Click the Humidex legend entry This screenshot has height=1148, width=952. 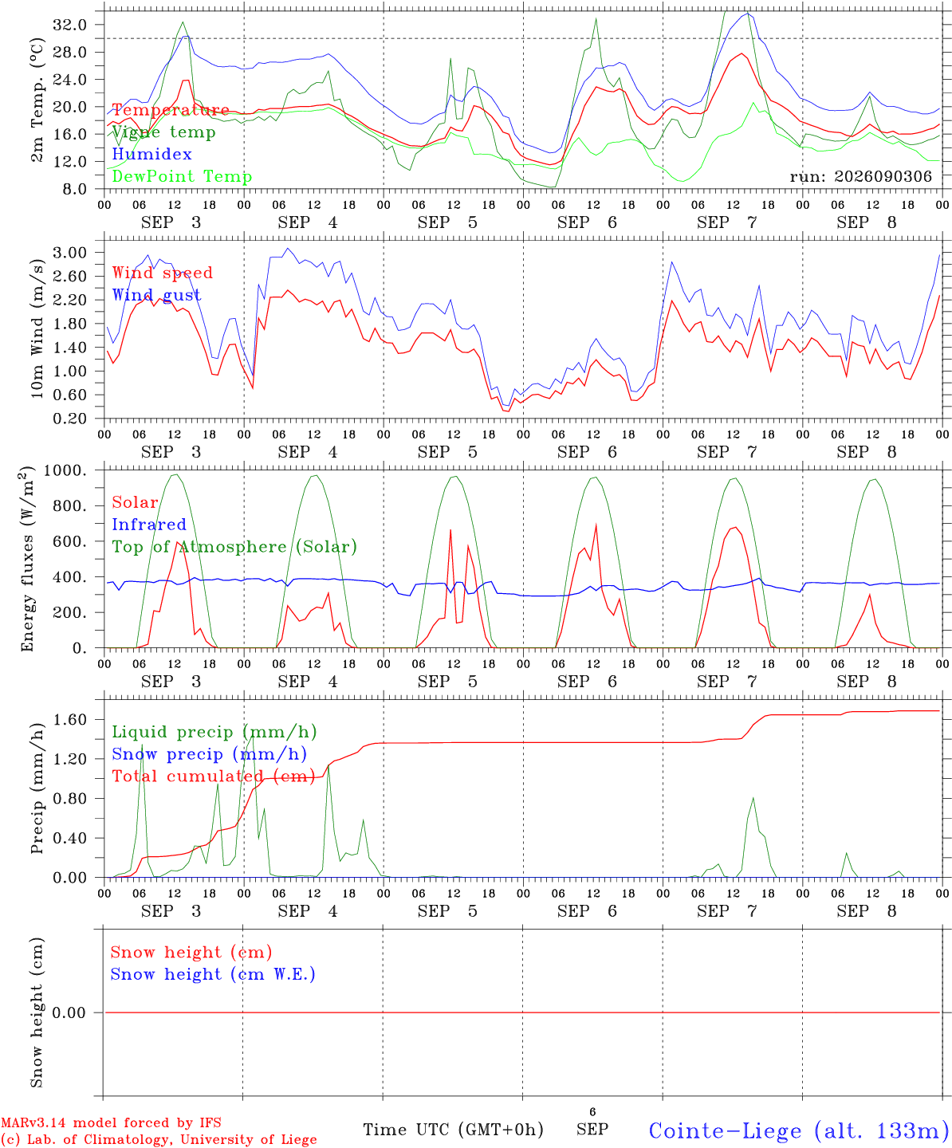click(151, 154)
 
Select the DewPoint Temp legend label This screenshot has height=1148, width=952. click(182, 176)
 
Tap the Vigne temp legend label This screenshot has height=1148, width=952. click(164, 132)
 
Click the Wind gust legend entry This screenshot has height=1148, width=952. click(157, 295)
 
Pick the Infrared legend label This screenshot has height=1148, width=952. click(149, 524)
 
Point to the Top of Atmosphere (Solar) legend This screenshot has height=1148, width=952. click(234, 547)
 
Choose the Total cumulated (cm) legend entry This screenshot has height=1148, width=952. click(214, 776)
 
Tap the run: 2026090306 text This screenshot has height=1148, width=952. click(860, 176)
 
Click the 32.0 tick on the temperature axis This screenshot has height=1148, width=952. click(70, 25)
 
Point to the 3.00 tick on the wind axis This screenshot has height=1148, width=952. click(70, 253)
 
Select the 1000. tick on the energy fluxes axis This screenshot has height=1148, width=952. click(65, 470)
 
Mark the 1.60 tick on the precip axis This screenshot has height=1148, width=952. click(70, 720)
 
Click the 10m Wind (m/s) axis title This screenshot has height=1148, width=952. click(37, 328)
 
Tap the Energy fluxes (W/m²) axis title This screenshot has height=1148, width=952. click(27, 559)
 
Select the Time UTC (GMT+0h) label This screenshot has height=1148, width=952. click(453, 1130)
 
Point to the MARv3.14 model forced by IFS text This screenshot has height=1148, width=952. click(111, 1122)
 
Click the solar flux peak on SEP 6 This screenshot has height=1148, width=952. click(596, 525)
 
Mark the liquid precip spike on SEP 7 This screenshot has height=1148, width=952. click(753, 798)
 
